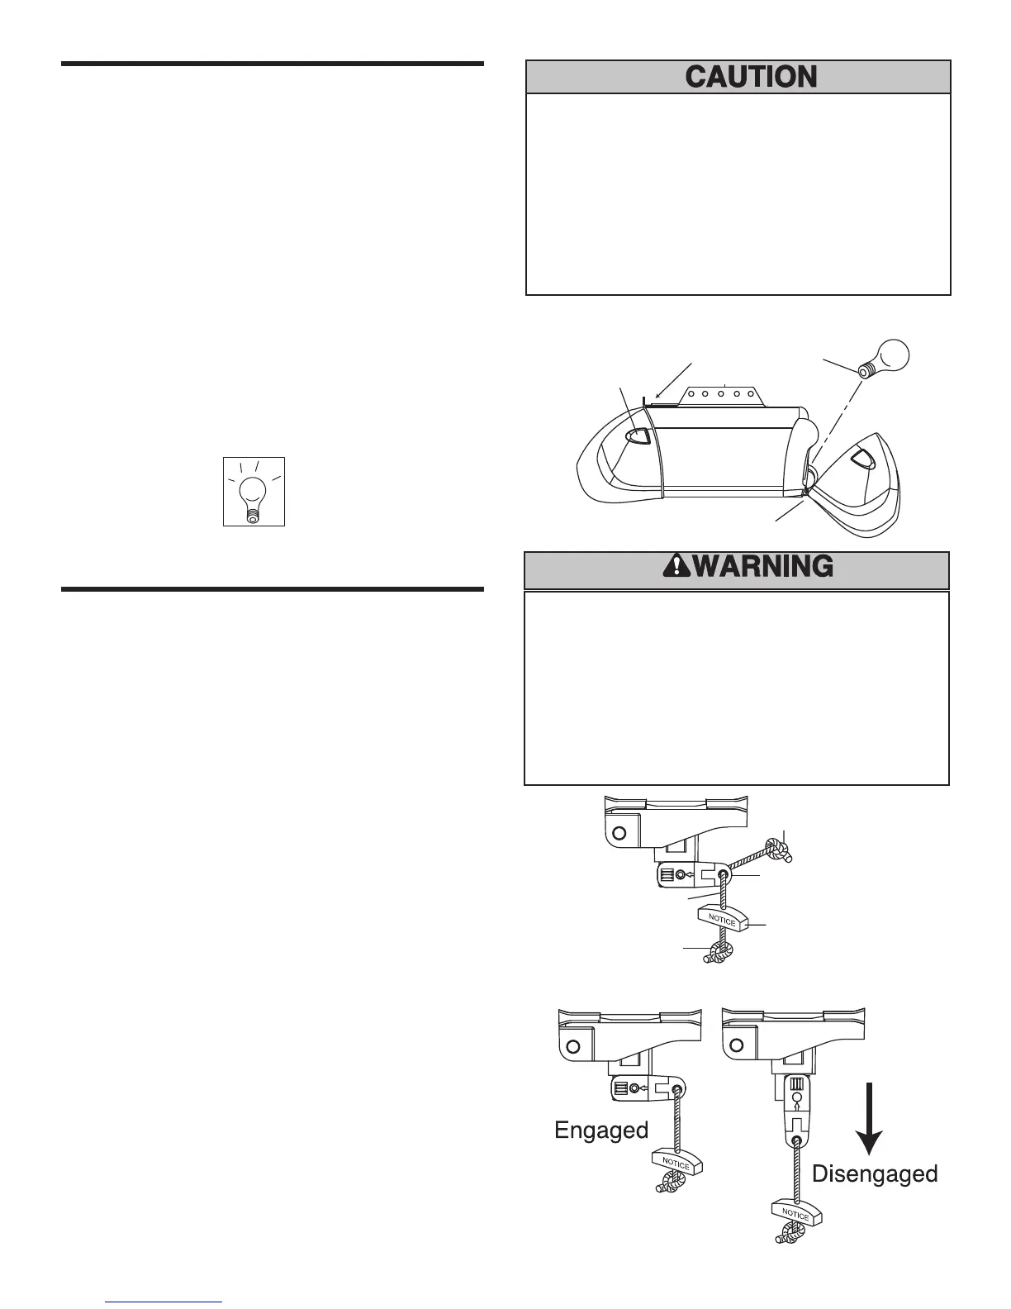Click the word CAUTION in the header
751,78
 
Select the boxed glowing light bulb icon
254,492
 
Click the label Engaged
601,1130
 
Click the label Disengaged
875,1173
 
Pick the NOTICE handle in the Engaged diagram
676,1162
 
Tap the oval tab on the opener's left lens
639,436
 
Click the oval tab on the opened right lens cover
861,458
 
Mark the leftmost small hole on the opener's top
691,393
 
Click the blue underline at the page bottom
164,1302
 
